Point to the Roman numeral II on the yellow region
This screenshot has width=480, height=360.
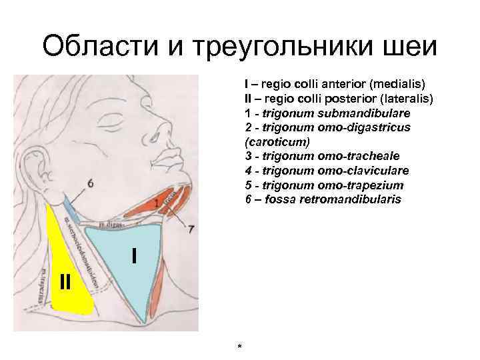coord(64,281)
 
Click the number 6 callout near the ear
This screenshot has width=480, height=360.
coord(90,183)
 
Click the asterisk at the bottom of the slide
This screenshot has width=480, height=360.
coord(239,347)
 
